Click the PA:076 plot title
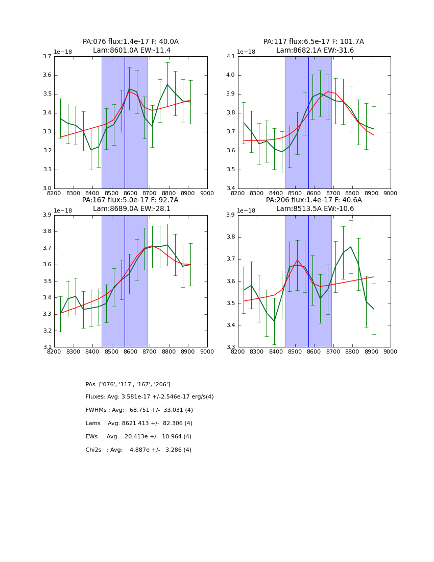click(x=131, y=42)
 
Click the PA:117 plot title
click(x=314, y=42)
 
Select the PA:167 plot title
click(x=131, y=200)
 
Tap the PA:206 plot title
click(x=314, y=200)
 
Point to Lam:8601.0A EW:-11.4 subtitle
click(x=132, y=51)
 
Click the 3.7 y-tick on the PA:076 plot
click(x=47, y=57)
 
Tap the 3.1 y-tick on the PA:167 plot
click(x=47, y=347)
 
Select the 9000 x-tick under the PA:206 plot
click(x=390, y=352)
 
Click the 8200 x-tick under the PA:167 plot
click(x=54, y=352)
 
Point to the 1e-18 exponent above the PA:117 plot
click(x=247, y=52)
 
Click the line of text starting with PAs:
click(x=128, y=384)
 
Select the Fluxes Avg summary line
click(x=150, y=397)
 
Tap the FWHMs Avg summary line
click(x=139, y=410)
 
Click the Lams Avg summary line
click(x=139, y=424)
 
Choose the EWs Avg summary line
click(x=138, y=437)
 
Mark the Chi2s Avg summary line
click(x=138, y=450)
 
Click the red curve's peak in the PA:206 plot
click(x=297, y=260)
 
